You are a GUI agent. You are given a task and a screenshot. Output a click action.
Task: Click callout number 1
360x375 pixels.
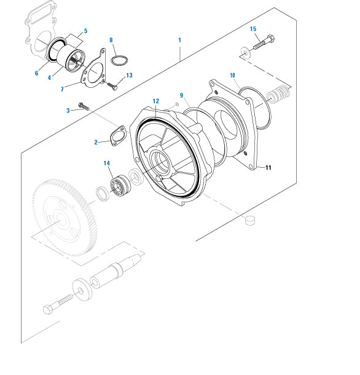tap(179, 40)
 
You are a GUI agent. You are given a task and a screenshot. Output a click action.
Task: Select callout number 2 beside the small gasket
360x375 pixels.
tap(96, 142)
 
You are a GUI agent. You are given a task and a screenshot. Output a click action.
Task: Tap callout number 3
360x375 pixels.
tap(68, 110)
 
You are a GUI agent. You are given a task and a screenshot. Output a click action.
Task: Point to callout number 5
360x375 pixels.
tap(85, 31)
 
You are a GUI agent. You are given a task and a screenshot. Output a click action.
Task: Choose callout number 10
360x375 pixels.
tap(232, 75)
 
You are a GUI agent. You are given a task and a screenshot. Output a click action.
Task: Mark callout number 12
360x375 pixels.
tap(156, 100)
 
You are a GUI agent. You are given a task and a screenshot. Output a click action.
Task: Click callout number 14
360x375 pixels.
tap(106, 163)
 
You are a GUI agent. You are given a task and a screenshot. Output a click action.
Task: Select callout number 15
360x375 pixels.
tap(253, 29)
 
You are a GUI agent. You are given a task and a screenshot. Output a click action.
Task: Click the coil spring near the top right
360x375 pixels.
tap(280, 94)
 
